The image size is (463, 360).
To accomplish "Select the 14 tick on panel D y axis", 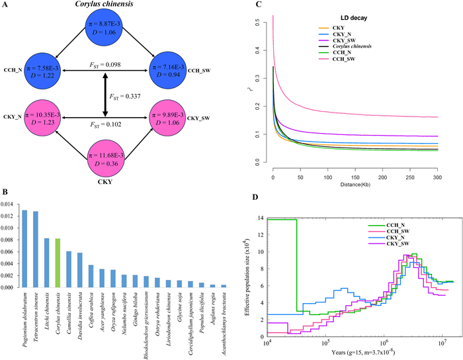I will pos(261,218).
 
